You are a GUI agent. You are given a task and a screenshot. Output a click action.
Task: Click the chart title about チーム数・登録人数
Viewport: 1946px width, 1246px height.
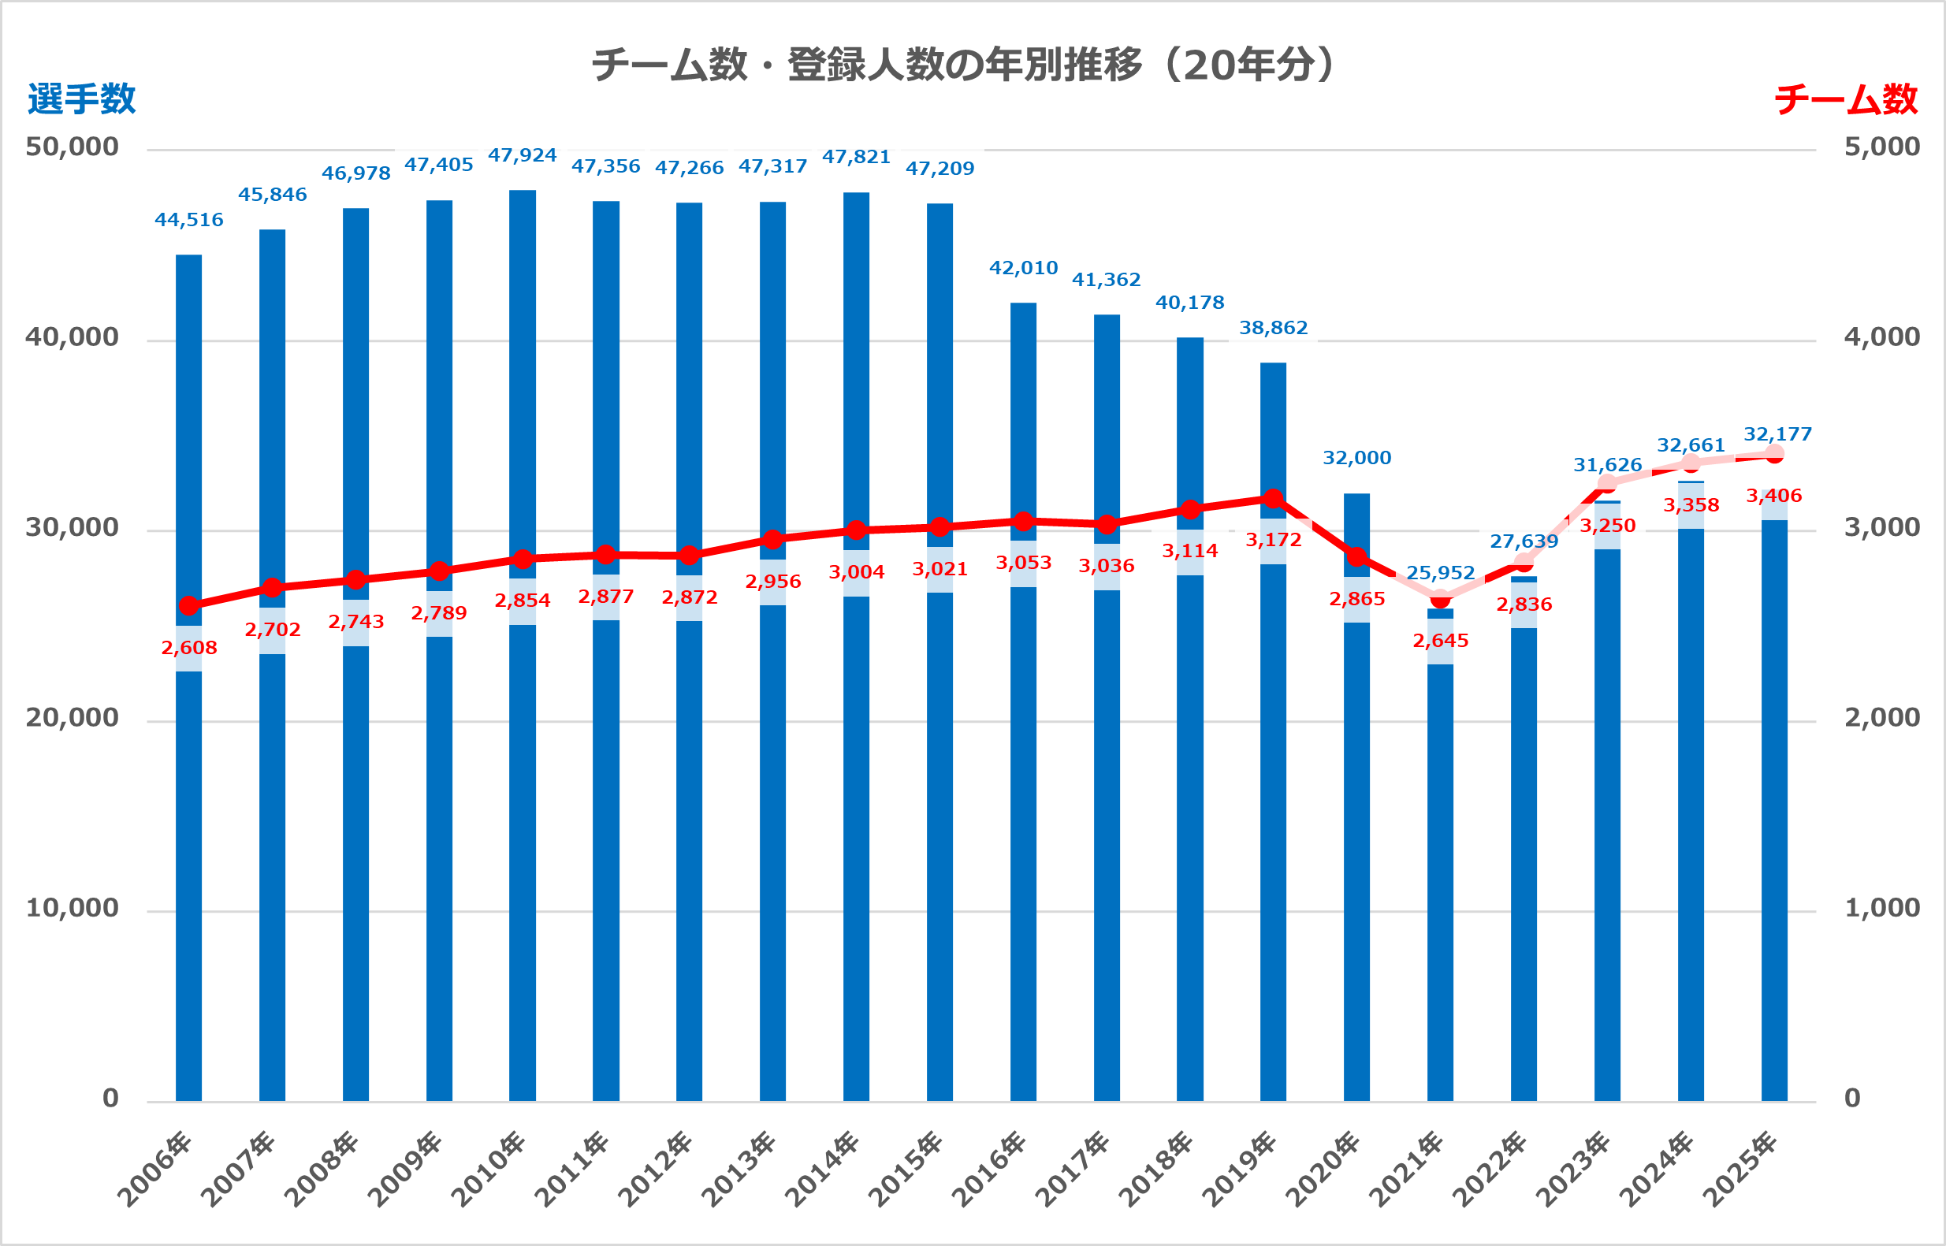(x=963, y=65)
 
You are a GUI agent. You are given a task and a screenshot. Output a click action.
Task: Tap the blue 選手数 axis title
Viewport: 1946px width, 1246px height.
(x=82, y=99)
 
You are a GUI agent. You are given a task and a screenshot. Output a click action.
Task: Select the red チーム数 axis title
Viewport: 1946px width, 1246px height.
(x=1846, y=99)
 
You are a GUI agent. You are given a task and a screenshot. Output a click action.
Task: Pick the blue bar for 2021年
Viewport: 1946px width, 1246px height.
(x=1440, y=890)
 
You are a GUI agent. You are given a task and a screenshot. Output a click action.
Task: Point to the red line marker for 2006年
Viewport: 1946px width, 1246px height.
(x=189, y=605)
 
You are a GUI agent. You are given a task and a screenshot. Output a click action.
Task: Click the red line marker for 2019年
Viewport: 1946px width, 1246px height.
(x=1274, y=498)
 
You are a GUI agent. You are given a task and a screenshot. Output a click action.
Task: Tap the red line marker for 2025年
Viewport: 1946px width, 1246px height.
(x=1774, y=454)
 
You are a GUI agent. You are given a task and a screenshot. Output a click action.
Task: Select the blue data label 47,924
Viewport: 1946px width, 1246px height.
(x=523, y=155)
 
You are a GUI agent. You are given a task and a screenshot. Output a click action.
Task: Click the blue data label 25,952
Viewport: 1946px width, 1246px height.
(x=1440, y=573)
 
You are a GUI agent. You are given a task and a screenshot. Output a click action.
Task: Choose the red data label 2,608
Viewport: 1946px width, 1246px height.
(x=189, y=647)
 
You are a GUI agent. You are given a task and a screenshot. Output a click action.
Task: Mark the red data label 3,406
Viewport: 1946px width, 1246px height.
(x=1774, y=495)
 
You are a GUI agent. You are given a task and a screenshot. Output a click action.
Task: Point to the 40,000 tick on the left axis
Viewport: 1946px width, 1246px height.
(x=72, y=337)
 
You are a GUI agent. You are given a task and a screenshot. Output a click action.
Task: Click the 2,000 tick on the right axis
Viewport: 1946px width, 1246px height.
(x=1882, y=717)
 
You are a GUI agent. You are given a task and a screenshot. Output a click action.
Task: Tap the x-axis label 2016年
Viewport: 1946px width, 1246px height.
(x=989, y=1170)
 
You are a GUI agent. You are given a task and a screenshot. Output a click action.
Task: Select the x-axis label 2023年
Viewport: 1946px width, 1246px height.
(x=1573, y=1170)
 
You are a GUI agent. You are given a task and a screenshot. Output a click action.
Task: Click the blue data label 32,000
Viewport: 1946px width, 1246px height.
(x=1357, y=458)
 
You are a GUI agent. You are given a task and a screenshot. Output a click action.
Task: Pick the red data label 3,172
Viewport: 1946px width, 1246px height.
(x=1274, y=540)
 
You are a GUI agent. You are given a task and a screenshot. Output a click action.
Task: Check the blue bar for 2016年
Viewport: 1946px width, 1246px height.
(x=1024, y=809)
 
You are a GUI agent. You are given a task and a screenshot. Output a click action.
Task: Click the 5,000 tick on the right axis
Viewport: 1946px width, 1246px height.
(x=1882, y=147)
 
